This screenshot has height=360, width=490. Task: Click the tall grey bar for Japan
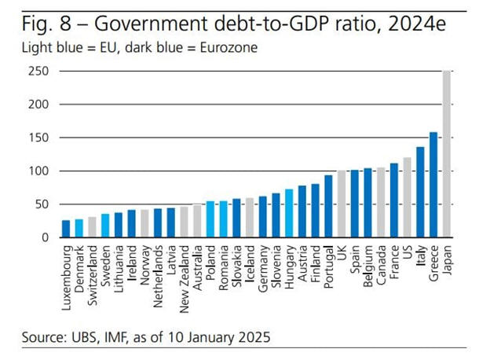click(x=447, y=154)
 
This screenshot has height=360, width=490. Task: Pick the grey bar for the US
click(x=407, y=197)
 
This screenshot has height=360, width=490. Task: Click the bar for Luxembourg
click(x=66, y=228)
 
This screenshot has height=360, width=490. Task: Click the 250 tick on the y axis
click(x=38, y=72)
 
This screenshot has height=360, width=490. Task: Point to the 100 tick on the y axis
click(x=38, y=171)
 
